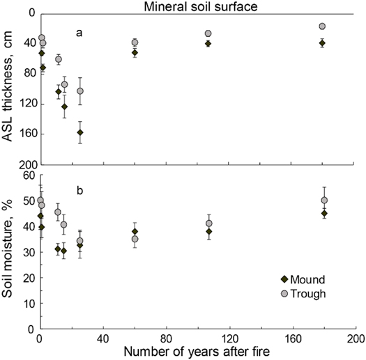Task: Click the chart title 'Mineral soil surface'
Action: (199, 7)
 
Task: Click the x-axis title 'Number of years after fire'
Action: (197, 351)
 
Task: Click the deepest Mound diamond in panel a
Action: (80, 132)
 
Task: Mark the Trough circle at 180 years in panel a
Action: (322, 26)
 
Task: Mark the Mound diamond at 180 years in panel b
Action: (323, 214)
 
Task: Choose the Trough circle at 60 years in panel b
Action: (135, 239)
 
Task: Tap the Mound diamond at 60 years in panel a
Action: (135, 53)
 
